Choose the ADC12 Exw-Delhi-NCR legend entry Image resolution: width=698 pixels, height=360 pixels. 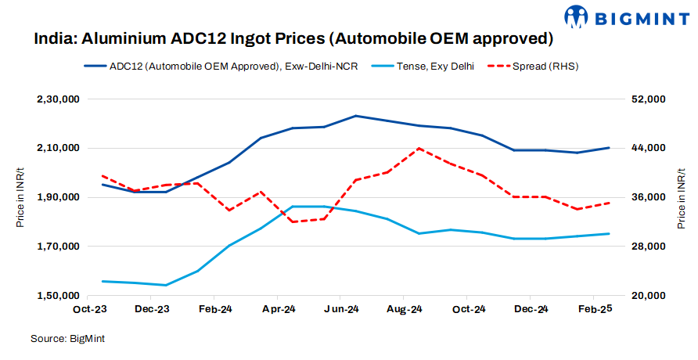click(233, 67)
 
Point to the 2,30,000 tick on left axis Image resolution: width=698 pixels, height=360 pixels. click(59, 99)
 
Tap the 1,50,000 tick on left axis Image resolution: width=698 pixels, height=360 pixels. click(59, 296)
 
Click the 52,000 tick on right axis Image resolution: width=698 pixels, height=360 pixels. click(647, 99)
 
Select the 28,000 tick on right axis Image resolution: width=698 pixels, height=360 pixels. click(647, 247)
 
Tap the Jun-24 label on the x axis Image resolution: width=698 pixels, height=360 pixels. click(340, 309)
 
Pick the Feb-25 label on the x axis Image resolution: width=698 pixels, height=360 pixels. click(593, 309)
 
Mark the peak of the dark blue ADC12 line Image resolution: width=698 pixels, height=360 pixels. click(355, 116)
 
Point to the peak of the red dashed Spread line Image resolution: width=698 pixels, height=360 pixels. click(419, 148)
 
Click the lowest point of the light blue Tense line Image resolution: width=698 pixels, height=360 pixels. click(166, 285)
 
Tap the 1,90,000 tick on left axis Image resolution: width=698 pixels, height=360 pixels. click(59, 197)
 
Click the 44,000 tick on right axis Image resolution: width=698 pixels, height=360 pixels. click(647, 148)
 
